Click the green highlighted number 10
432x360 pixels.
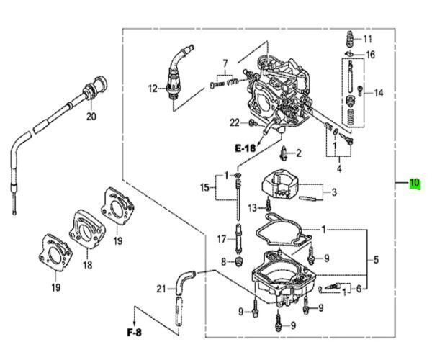pos(415,183)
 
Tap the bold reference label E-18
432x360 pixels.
pos(246,148)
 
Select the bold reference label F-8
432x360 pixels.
pos(135,333)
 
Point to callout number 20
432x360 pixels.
pos(91,117)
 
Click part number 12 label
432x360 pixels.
pos(153,89)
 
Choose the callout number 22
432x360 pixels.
pos(235,122)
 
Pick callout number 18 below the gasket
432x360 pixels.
pos(88,265)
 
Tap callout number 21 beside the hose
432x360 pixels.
pos(161,289)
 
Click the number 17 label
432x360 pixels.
pos(222,239)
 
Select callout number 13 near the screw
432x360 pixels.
pos(253,208)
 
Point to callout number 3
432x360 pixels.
pos(334,192)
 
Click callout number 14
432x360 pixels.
pos(379,93)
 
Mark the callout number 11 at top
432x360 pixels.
pos(367,39)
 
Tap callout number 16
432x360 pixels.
pos(371,55)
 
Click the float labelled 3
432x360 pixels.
pos(280,184)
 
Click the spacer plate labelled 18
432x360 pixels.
pos(87,229)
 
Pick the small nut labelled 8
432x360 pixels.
pos(240,261)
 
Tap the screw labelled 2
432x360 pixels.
pos(284,153)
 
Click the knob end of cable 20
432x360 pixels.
pos(100,84)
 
